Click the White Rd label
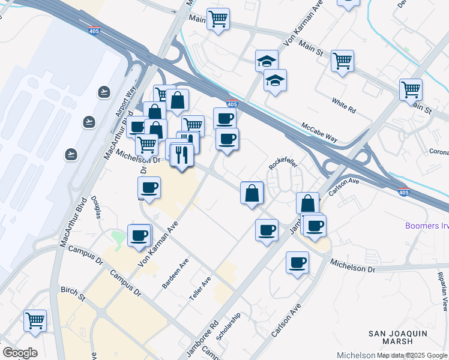(343, 106)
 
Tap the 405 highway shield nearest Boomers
(404, 192)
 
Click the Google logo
(20, 353)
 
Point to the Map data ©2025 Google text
(412, 356)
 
